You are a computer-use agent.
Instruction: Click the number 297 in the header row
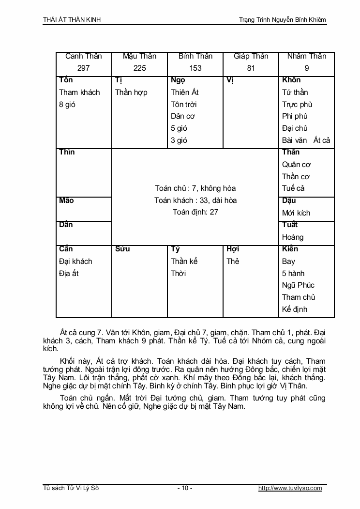tap(84, 68)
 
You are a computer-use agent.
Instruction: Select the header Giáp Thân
tap(251, 56)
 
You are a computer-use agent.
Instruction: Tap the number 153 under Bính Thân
tap(195, 68)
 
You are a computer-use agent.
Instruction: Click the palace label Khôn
tap(291, 80)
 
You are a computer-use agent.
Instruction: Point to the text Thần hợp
tap(131, 92)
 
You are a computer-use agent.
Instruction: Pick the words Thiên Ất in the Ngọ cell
tap(185, 92)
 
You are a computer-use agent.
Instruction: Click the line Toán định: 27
tap(195, 212)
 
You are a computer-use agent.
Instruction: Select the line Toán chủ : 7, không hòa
tap(195, 188)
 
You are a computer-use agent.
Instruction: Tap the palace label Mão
tap(67, 201)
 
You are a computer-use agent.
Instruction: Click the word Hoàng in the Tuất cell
tap(293, 237)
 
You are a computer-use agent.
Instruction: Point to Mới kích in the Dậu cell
tap(296, 213)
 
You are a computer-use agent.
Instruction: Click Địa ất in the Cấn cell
tap(69, 273)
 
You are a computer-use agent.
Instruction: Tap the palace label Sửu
tap(122, 249)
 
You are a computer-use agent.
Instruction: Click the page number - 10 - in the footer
tap(185, 488)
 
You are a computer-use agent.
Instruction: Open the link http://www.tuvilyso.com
tap(290, 488)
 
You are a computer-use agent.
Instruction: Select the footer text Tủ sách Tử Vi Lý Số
tap(71, 488)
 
